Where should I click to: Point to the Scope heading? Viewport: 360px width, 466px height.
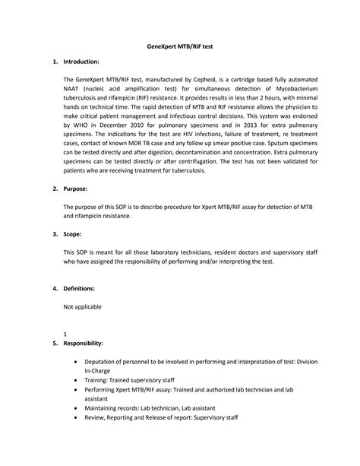pos(76,235)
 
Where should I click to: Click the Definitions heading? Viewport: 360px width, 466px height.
pos(84,289)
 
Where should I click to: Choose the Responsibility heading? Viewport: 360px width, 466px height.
pos(88,343)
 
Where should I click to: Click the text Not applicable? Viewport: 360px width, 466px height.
pos(82,306)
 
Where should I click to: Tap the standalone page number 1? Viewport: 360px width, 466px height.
pos(65,334)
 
